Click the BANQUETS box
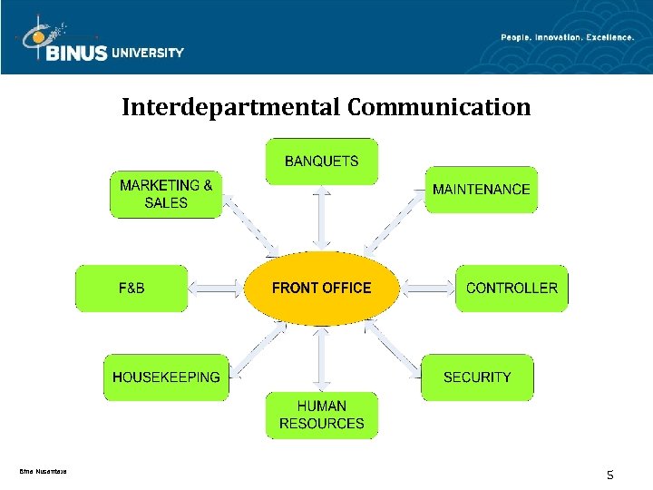click(x=321, y=162)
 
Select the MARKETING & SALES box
click(x=166, y=193)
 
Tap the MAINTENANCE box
click(x=481, y=190)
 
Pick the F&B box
click(x=132, y=288)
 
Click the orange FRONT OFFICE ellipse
click(x=321, y=288)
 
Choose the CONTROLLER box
click(x=512, y=288)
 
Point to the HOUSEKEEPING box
click(x=166, y=377)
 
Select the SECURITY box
click(x=477, y=377)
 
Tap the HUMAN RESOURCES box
click(x=321, y=415)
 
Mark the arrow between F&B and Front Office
click(x=216, y=289)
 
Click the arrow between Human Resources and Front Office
click(x=321, y=358)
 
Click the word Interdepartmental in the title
click(x=231, y=108)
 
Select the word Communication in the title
click(x=439, y=108)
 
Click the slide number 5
click(x=609, y=474)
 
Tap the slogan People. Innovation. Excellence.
click(x=567, y=37)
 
